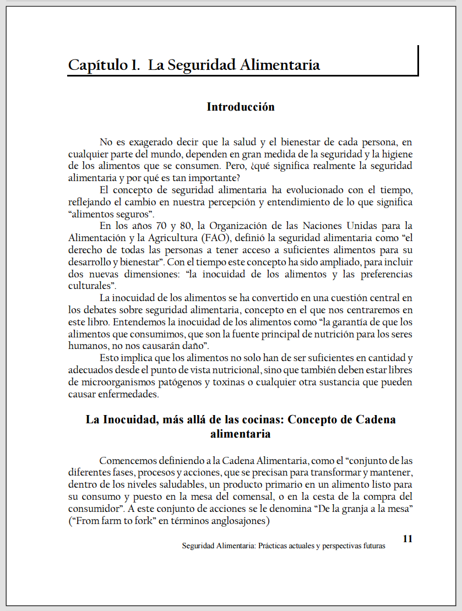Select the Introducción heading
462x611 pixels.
(241, 107)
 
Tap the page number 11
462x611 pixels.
(407, 538)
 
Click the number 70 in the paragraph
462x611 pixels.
(151, 226)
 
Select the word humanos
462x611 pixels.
(86, 346)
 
